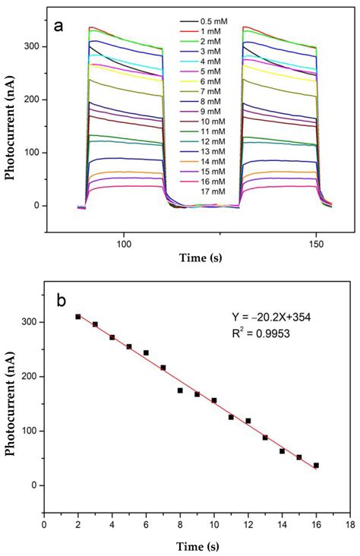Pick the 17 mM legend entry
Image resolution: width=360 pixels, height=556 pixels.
210,192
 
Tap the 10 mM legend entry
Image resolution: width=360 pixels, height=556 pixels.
210,122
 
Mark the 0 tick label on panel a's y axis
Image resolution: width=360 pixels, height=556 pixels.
35,206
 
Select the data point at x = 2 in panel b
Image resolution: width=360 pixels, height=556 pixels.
78,317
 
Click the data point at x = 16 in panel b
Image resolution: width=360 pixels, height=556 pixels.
316,465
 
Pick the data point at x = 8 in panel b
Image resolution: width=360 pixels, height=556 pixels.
180,390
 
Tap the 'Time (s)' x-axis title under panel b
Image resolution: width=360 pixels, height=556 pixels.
196,543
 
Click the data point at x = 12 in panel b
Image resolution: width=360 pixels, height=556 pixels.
248,421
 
